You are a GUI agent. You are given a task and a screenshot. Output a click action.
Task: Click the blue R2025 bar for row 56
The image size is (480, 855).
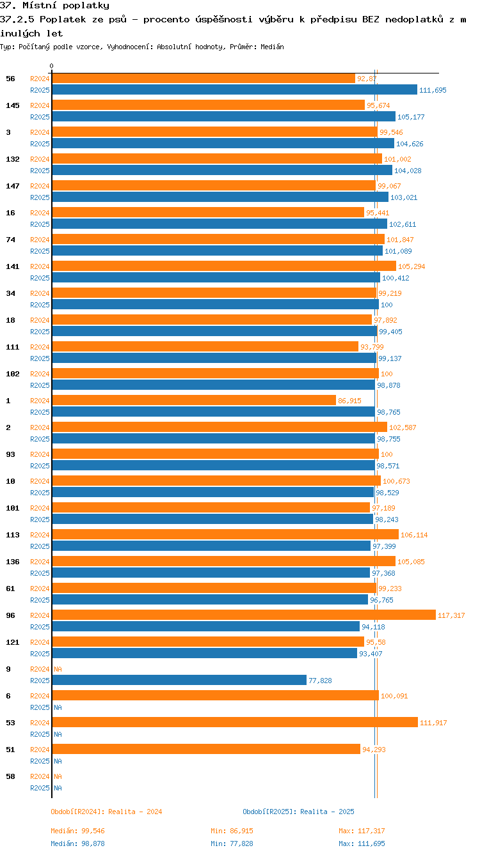[x=234, y=90]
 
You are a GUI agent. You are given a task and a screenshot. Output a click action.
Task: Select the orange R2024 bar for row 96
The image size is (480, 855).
[x=243, y=615]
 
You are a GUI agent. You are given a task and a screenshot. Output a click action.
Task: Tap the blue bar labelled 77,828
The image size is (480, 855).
[x=179, y=681]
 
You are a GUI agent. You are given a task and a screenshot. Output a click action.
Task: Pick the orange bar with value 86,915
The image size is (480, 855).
[x=194, y=400]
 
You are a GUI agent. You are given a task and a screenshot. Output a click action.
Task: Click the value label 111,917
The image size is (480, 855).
[x=433, y=723]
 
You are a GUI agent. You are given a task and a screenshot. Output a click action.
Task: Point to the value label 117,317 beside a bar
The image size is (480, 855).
[x=451, y=615]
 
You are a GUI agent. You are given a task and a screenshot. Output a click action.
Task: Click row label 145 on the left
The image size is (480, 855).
[x=12, y=105]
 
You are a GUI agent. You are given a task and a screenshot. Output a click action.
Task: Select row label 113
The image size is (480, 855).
[x=12, y=534]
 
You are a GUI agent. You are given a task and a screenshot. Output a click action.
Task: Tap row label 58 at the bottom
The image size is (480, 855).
[x=10, y=776]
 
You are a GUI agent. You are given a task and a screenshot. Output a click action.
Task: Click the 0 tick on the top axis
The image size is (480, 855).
[x=52, y=66]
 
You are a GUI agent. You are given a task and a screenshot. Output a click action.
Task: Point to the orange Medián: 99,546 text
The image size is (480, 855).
[x=77, y=831]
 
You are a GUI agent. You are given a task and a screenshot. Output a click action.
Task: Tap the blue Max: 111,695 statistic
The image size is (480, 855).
[x=362, y=843]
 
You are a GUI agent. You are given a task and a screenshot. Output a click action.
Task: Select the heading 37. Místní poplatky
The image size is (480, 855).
[x=54, y=5]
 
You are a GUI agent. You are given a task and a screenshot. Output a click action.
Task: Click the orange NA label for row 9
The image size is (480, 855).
[x=58, y=669]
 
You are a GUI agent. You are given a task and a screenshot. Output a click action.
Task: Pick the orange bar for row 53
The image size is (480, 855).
[x=234, y=722]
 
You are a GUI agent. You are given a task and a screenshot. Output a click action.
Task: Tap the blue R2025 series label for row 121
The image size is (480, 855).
[x=40, y=654]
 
